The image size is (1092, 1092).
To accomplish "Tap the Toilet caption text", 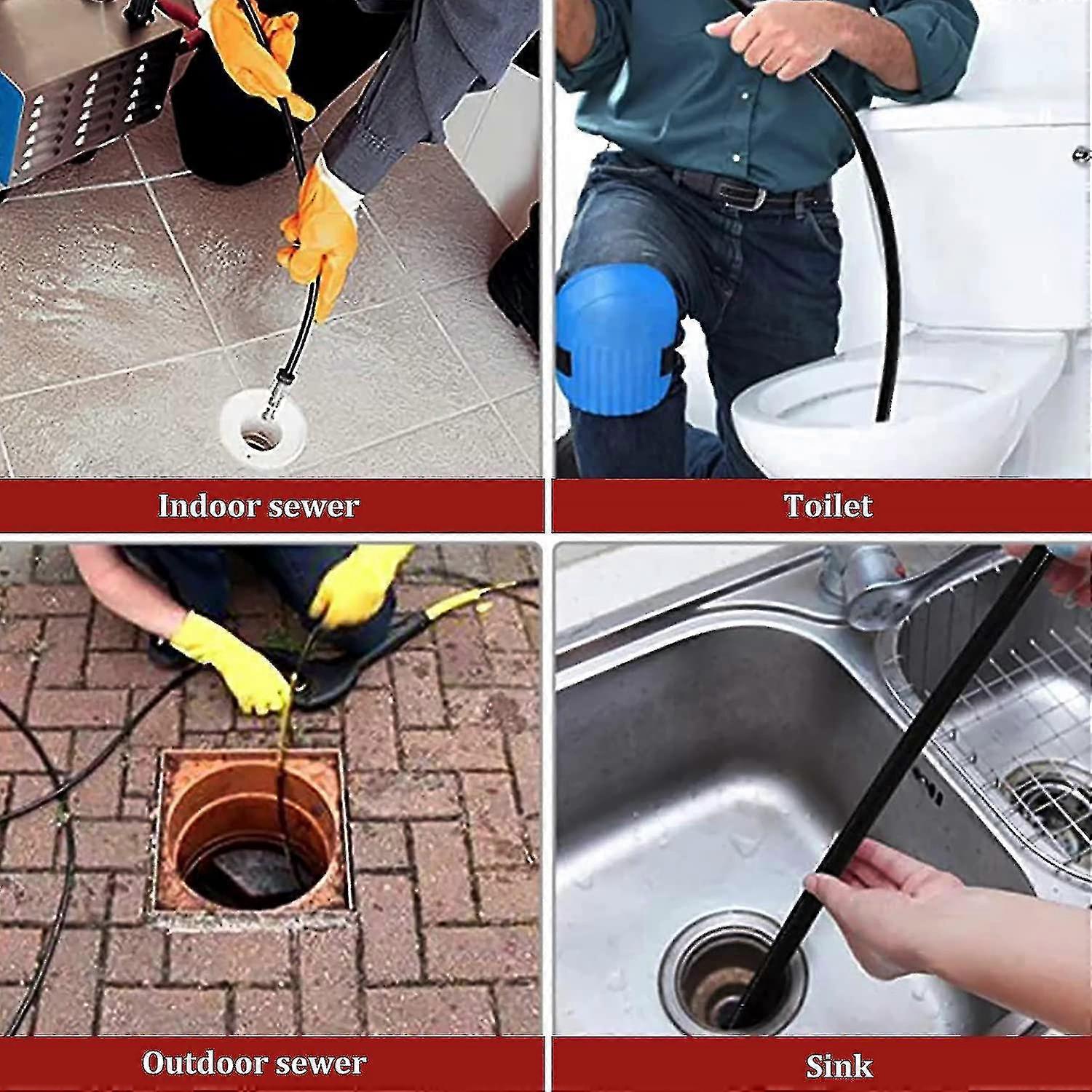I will (x=828, y=505).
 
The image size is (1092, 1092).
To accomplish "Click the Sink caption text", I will (x=839, y=1066).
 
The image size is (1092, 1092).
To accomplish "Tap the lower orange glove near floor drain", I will (x=320, y=233).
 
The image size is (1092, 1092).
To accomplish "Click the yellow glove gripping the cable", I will (x=233, y=659).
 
